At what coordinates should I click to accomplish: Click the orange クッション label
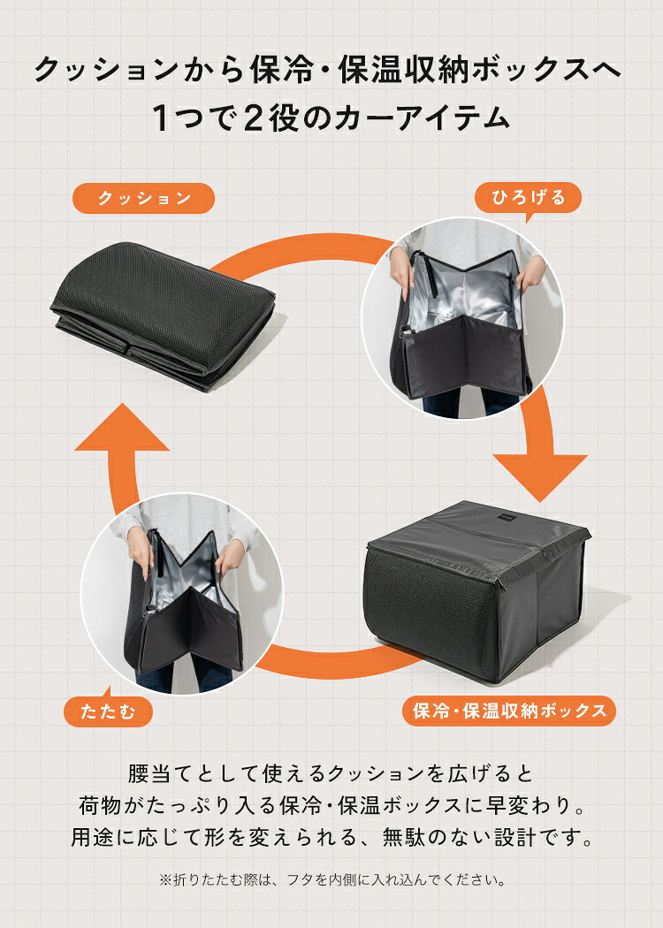tap(143, 198)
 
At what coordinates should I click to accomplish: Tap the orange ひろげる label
tap(528, 198)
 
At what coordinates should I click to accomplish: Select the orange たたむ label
tap(108, 711)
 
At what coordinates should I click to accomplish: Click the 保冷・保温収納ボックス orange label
tap(510, 711)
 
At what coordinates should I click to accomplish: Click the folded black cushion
tap(164, 316)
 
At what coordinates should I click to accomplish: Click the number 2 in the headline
tap(254, 118)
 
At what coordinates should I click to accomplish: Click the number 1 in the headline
tap(160, 118)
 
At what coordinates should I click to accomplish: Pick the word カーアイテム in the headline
tap(422, 118)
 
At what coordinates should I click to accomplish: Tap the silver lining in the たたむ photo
tap(187, 576)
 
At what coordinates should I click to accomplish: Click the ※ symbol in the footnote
tap(165, 880)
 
